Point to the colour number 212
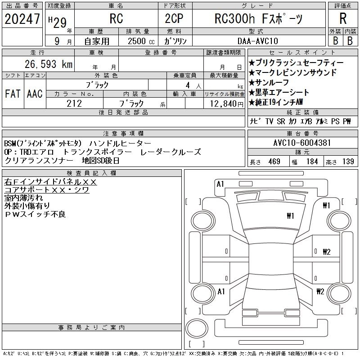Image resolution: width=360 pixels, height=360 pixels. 74,104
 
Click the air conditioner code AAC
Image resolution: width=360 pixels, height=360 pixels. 35,94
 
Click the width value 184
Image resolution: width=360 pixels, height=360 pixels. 312,162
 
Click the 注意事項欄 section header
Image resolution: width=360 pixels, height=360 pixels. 123,134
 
